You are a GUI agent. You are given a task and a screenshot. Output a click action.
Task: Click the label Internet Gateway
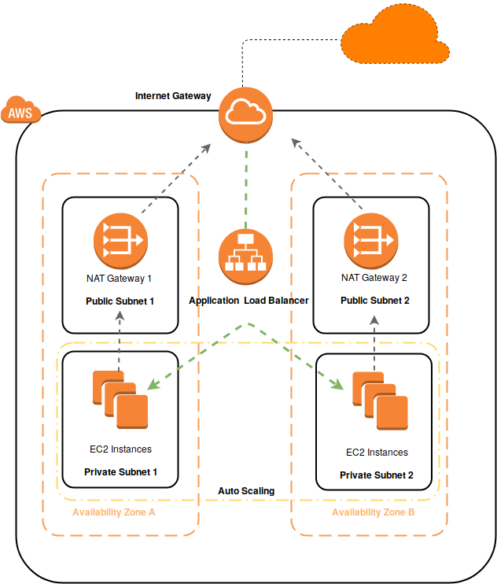[173, 96]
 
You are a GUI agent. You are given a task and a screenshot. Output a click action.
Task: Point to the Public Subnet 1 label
[120, 301]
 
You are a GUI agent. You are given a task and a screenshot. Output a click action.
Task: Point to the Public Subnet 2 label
[375, 301]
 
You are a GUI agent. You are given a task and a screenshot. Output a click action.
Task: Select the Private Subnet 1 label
[121, 472]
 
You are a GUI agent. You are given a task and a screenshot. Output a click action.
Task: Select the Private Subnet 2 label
[376, 475]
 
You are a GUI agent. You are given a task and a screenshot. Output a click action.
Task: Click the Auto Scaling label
[246, 491]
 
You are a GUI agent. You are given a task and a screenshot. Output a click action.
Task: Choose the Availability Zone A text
[114, 512]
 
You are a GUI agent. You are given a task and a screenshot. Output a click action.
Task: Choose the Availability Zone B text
[374, 512]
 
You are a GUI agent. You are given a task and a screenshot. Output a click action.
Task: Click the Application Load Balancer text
[248, 301]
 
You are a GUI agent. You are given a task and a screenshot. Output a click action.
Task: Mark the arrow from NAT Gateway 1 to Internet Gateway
[175, 179]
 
